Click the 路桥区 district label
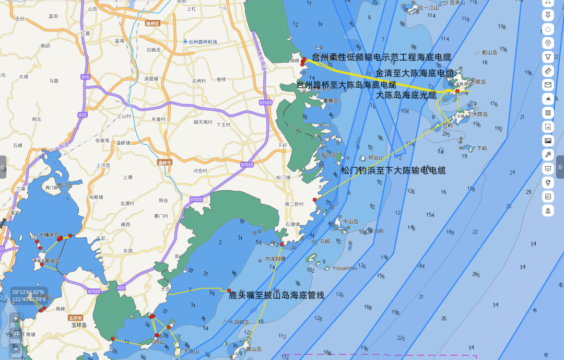(152, 24)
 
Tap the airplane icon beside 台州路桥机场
(185, 41)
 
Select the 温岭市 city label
(164, 163)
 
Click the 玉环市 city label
(75, 317)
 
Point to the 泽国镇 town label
(151, 78)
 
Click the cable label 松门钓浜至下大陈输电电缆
(393, 170)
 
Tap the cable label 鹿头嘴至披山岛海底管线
(277, 295)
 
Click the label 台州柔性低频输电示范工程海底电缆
(381, 57)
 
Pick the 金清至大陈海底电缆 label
(415, 73)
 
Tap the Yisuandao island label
(345, 268)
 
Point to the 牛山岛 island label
(350, 221)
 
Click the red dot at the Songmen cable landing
(314, 200)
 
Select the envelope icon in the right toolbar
(548, 85)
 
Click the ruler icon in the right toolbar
(548, 71)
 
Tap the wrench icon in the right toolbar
(548, 155)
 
